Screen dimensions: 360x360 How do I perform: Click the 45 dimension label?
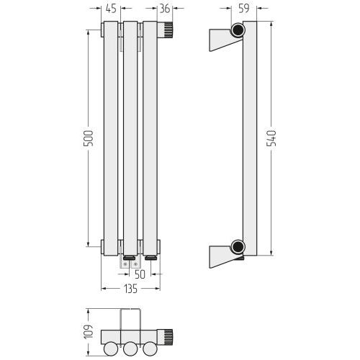pyautogui.click(x=111, y=9)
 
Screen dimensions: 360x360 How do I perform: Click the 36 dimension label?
pyautogui.click(x=165, y=9)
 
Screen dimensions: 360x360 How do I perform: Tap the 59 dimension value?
pyautogui.click(x=244, y=9)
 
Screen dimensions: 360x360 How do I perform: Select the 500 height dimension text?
pyautogui.click(x=88, y=138)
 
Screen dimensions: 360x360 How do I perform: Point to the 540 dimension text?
pyautogui.click(x=271, y=138)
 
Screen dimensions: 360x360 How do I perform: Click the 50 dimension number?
pyautogui.click(x=140, y=274)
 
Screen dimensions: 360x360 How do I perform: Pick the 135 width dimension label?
pyautogui.click(x=131, y=289)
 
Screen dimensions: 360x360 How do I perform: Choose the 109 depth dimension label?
pyautogui.click(x=88, y=332)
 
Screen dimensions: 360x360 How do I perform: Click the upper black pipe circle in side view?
pyautogui.click(x=238, y=30)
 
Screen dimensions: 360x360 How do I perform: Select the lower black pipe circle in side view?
pyautogui.click(x=238, y=247)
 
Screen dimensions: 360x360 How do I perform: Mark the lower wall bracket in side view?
pyautogui.click(x=221, y=256)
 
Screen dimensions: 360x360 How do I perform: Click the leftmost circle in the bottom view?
pyautogui.click(x=111, y=348)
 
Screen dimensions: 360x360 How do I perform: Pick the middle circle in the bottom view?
pyautogui.click(x=130, y=348)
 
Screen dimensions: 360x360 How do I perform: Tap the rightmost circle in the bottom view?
pyautogui.click(x=150, y=348)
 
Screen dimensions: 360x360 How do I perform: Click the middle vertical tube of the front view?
pyautogui.click(x=130, y=138)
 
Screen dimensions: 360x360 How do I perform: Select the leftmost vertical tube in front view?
pyautogui.click(x=111, y=138)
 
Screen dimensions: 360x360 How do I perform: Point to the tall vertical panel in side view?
pyautogui.click(x=250, y=138)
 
